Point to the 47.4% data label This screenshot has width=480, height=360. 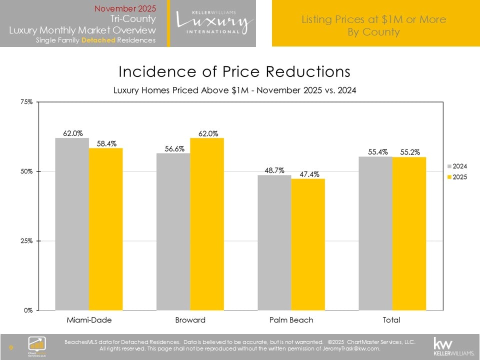point(308,174)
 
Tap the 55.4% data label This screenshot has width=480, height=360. point(375,152)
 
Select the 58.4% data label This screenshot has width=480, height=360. point(105,143)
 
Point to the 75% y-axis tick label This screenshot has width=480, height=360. point(26,101)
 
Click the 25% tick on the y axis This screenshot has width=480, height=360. point(26,240)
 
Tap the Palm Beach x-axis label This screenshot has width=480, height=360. point(291,319)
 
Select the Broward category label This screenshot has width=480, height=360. point(190,319)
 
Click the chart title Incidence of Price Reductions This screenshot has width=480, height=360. point(234,71)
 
